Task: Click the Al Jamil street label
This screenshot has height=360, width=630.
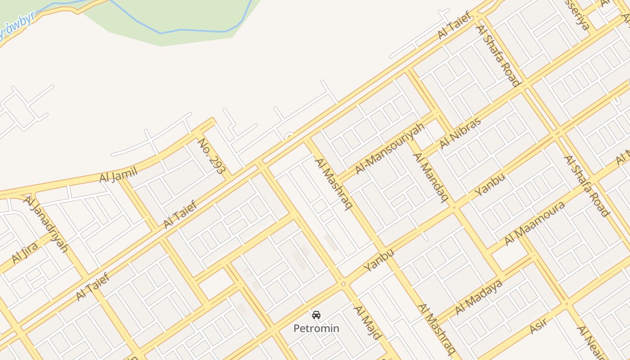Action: [x=118, y=174]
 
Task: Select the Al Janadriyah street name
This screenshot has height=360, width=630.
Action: [x=45, y=224]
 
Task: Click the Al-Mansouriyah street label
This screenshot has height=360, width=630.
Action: [x=390, y=148]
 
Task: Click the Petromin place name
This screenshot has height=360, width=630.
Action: [x=316, y=328]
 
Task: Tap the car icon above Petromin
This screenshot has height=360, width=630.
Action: [x=316, y=315]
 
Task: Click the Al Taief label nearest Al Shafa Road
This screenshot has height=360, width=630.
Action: [x=455, y=26]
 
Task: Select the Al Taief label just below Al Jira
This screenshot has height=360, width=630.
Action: [x=92, y=287]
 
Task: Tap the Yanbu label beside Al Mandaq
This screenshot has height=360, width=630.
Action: [x=490, y=184]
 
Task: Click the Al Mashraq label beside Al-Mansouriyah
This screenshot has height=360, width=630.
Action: [x=333, y=184]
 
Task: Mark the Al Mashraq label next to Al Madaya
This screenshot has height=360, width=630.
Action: [x=436, y=329]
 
